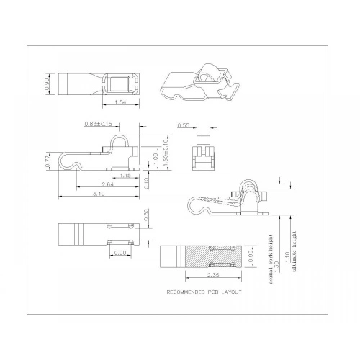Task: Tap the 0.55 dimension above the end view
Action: tap(184, 126)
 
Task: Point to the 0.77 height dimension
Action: tap(48, 163)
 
